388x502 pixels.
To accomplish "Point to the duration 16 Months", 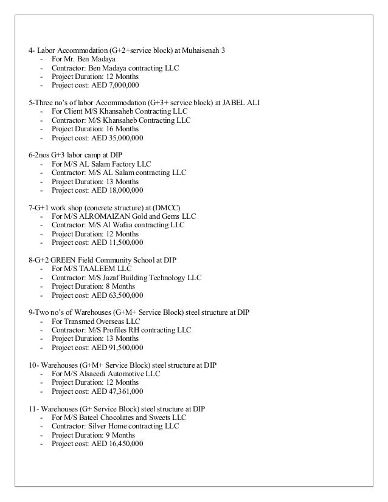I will click(x=122, y=129).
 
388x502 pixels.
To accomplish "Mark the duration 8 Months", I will click(x=120, y=286).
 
